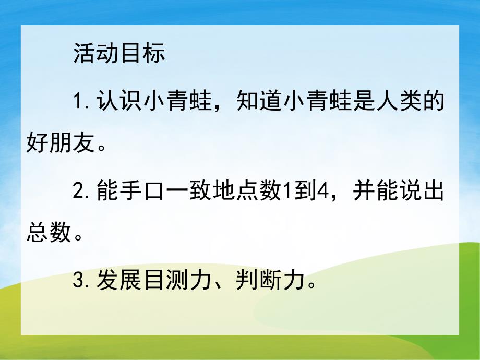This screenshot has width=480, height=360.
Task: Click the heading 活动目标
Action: pos(119,53)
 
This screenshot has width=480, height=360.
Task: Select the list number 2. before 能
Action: pos(82,193)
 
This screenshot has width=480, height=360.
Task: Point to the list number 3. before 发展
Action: pos(82,282)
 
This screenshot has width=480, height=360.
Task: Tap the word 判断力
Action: pos(271,282)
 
